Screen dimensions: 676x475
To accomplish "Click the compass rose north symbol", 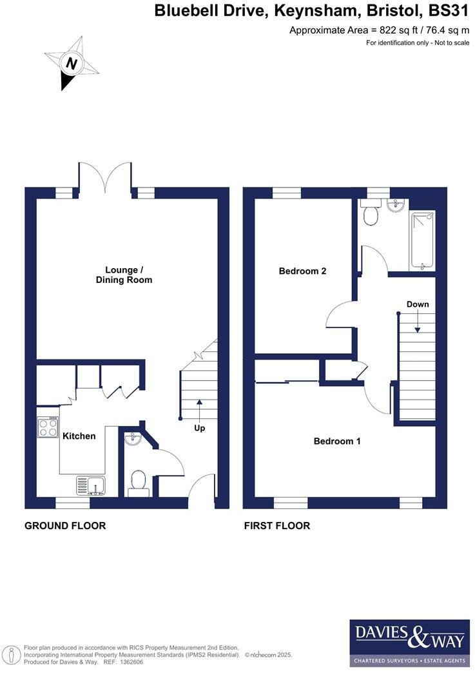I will pyautogui.click(x=72, y=64).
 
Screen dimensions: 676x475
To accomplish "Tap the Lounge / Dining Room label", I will pyautogui.click(x=124, y=275).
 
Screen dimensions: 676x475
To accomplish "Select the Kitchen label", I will pyautogui.click(x=79, y=436).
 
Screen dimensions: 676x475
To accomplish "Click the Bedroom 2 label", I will pyautogui.click(x=302, y=271).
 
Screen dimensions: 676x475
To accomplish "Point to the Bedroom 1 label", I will pyautogui.click(x=336, y=441).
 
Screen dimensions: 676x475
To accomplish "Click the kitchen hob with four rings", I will pyautogui.click(x=48, y=427).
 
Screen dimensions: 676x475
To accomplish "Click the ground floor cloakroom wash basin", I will pyautogui.click(x=132, y=439).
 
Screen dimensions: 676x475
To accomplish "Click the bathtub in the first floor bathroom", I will pyautogui.click(x=422, y=239).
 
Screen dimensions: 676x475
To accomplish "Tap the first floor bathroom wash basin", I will pyautogui.click(x=396, y=206).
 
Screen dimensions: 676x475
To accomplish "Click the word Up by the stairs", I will pyautogui.click(x=200, y=428).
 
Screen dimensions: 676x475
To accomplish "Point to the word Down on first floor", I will pyautogui.click(x=418, y=304).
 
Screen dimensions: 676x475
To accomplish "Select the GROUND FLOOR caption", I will pyautogui.click(x=65, y=526).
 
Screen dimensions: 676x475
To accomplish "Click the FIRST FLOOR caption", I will pyautogui.click(x=276, y=526).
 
